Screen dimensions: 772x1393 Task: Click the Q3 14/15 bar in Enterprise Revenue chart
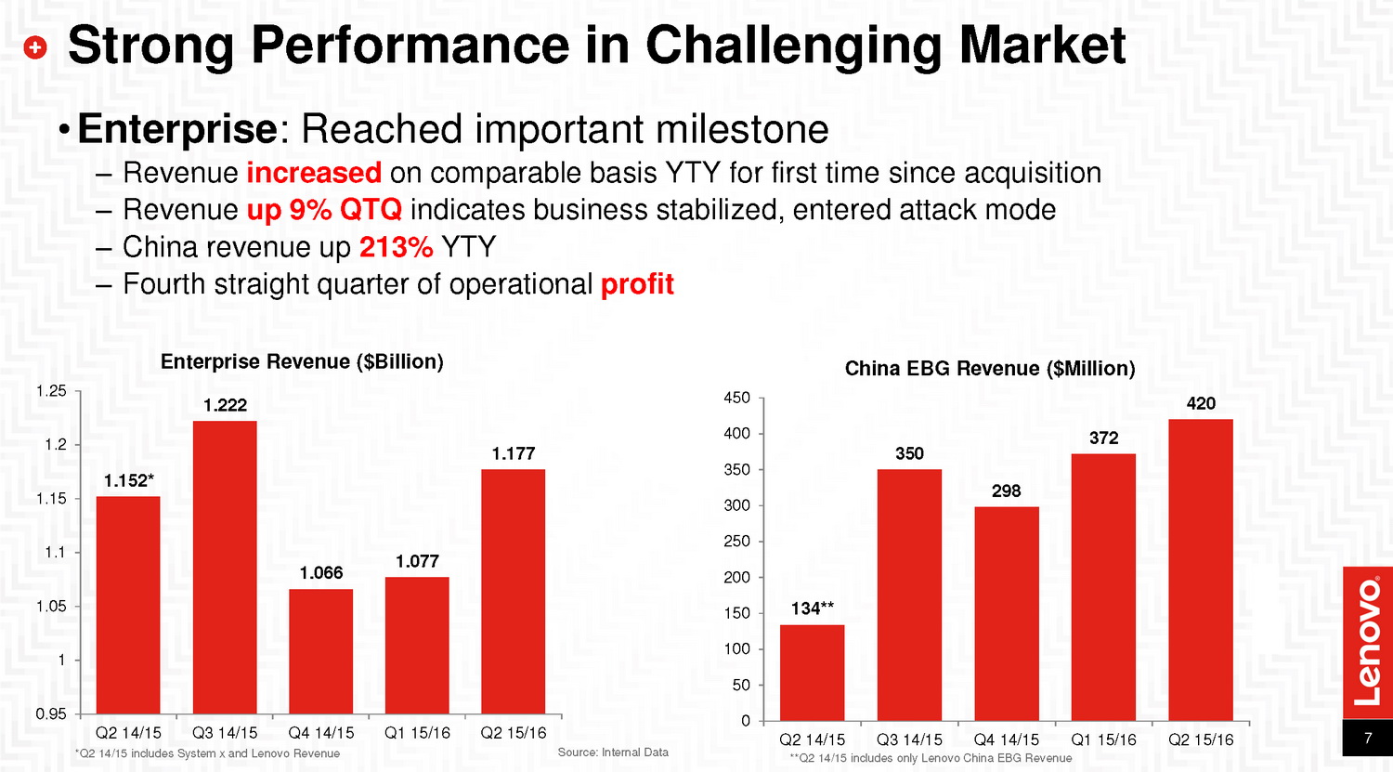point(225,567)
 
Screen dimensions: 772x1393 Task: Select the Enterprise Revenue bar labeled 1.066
point(321,650)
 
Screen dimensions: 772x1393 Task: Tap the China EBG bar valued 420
point(1201,569)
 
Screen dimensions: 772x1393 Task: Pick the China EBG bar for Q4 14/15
point(1007,613)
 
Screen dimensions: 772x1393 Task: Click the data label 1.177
point(514,453)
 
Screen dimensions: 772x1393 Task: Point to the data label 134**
point(813,608)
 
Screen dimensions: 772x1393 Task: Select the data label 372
point(1103,438)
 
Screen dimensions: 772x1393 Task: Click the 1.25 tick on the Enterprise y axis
point(51,391)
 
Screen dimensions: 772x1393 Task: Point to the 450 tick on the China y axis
point(736,398)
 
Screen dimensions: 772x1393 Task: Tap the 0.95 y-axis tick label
point(51,714)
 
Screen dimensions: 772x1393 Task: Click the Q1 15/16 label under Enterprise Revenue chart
point(417,733)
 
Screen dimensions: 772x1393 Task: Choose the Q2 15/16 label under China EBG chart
point(1201,739)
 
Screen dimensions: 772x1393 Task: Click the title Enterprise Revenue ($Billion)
point(302,361)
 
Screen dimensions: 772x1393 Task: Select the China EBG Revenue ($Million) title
point(990,369)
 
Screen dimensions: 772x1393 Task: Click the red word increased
point(314,173)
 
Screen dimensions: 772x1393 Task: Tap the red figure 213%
point(396,247)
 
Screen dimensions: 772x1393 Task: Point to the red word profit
point(637,284)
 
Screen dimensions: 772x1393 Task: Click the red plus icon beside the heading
point(34,47)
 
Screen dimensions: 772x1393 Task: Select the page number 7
point(1368,739)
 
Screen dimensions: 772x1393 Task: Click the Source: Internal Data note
point(613,752)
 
